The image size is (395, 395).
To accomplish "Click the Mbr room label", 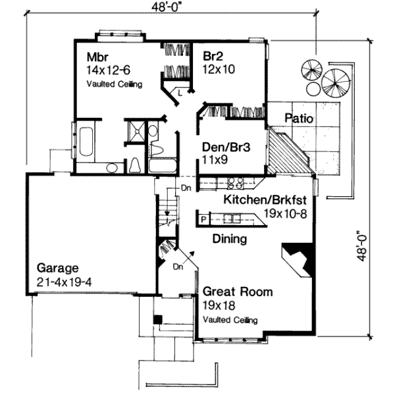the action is pyautogui.click(x=97, y=57).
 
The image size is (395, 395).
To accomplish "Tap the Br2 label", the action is pyautogui.click(x=213, y=56).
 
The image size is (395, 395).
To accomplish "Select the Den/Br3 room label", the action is pyautogui.click(x=226, y=147).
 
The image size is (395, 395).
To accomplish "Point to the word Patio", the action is pyautogui.click(x=299, y=118).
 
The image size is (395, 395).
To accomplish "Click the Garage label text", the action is pyautogui.click(x=58, y=268).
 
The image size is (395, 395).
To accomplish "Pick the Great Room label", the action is pyautogui.click(x=238, y=292).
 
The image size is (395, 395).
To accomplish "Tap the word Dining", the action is pyautogui.click(x=230, y=239).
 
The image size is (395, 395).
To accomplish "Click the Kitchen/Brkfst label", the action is pyautogui.click(x=265, y=200).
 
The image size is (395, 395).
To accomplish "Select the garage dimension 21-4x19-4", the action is pyautogui.click(x=65, y=282).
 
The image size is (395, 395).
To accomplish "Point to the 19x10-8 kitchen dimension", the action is pyautogui.click(x=285, y=214).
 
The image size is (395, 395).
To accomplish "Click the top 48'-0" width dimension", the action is pyautogui.click(x=167, y=7).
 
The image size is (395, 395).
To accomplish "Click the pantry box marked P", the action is pyautogui.click(x=203, y=220).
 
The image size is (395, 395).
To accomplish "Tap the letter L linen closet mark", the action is pyautogui.click(x=180, y=93).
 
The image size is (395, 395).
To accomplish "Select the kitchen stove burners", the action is pyautogui.click(x=236, y=183).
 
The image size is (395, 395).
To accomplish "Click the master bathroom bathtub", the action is pyautogui.click(x=86, y=142).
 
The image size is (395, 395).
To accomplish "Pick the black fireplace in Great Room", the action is pyautogui.click(x=298, y=259).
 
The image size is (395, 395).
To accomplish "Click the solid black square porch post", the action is pyautogui.click(x=158, y=319).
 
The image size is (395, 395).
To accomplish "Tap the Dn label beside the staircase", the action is pyautogui.click(x=186, y=188).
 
